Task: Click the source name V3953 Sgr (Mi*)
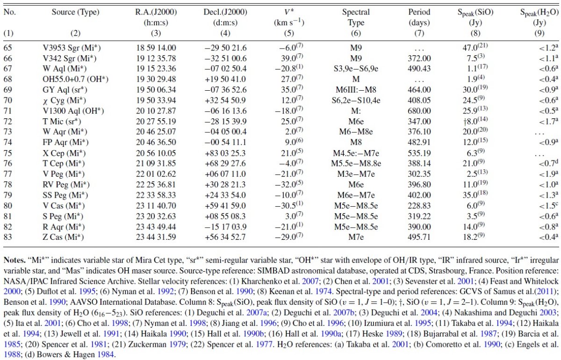[72, 48]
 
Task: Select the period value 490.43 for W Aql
[419, 69]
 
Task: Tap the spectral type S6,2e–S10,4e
[356, 101]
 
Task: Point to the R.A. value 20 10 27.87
[156, 111]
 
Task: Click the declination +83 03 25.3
[225, 153]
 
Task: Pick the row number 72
[8, 122]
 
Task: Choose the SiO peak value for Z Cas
[474, 237]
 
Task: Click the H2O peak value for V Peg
[548, 174]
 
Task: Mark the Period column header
[419, 12]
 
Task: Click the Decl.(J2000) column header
[225, 12]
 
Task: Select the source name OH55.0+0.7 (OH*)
[75, 79]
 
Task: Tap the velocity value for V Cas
[289, 205]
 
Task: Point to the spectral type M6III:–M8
[356, 90]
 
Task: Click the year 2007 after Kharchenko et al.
[310, 281]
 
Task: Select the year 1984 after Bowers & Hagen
[105, 354]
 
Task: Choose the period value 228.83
[419, 206]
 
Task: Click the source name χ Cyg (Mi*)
[65, 101]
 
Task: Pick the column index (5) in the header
[289, 33]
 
